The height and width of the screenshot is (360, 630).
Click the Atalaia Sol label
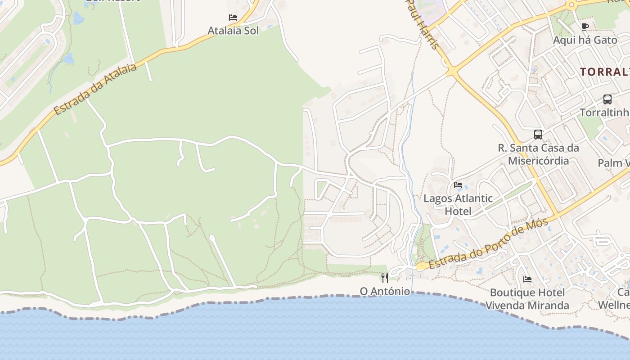(233, 31)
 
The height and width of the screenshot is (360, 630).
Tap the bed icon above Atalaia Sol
(233, 18)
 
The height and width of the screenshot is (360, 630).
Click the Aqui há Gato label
(585, 40)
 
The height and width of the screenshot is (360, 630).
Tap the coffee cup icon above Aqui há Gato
(585, 27)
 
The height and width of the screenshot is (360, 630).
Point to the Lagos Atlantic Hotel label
(458, 205)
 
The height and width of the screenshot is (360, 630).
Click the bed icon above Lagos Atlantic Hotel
(458, 184)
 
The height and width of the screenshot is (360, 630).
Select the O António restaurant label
(385, 291)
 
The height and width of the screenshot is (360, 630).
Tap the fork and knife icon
(385, 278)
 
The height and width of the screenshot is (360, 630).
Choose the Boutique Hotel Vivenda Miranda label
(527, 299)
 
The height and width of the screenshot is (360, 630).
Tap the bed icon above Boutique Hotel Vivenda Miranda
(527, 279)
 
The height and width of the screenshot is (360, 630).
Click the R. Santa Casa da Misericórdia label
(538, 154)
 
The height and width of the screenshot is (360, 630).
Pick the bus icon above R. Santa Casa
(538, 134)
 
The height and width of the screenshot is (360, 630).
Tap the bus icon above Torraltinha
(607, 99)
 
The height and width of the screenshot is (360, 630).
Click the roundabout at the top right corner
(571, 6)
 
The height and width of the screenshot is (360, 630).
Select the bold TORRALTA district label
(605, 72)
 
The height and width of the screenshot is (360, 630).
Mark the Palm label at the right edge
(614, 163)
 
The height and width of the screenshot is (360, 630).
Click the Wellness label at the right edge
(614, 305)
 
